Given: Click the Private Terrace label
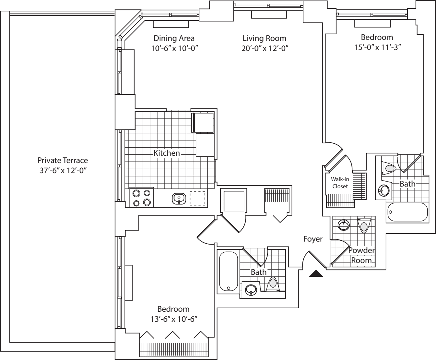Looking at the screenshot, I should click(62, 160).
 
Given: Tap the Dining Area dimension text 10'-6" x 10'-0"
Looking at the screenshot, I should click(174, 48).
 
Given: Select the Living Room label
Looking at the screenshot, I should click(264, 38).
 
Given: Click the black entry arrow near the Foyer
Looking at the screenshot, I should click(316, 274).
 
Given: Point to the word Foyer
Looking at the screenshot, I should click(313, 239).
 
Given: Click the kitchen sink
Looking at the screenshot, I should click(179, 198).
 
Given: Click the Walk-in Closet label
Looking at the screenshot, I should click(340, 183).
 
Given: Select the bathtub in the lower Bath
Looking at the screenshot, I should click(229, 271).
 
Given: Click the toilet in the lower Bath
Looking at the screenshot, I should click(273, 284).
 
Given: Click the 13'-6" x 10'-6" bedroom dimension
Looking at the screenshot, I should click(174, 319).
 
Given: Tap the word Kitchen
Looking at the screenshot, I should click(167, 153).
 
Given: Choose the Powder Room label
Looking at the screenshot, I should click(361, 255).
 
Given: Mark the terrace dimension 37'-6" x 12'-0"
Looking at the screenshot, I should click(63, 170).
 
